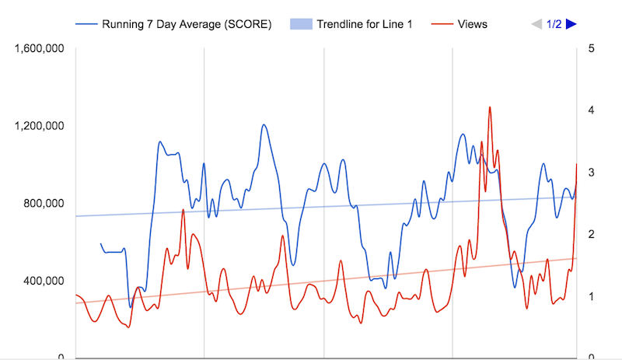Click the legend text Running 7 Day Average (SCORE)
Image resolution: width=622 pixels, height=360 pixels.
point(187,24)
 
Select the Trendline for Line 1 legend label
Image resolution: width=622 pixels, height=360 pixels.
point(365,24)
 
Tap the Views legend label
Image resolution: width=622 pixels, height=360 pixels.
point(473,24)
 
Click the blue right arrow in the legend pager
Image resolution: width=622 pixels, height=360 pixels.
point(571,24)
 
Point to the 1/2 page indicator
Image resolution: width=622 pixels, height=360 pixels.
point(554,24)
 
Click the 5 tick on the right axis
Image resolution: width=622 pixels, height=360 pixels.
point(592,49)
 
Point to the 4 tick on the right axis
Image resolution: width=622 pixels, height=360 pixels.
point(592,110)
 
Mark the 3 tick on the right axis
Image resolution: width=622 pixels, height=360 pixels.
point(592,173)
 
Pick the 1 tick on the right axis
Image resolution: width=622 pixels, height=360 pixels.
point(592,296)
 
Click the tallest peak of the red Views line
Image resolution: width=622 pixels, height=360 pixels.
point(489,108)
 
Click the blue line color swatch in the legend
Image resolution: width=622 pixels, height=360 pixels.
point(86,24)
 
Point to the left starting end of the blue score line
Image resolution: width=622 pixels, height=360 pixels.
point(100,243)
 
